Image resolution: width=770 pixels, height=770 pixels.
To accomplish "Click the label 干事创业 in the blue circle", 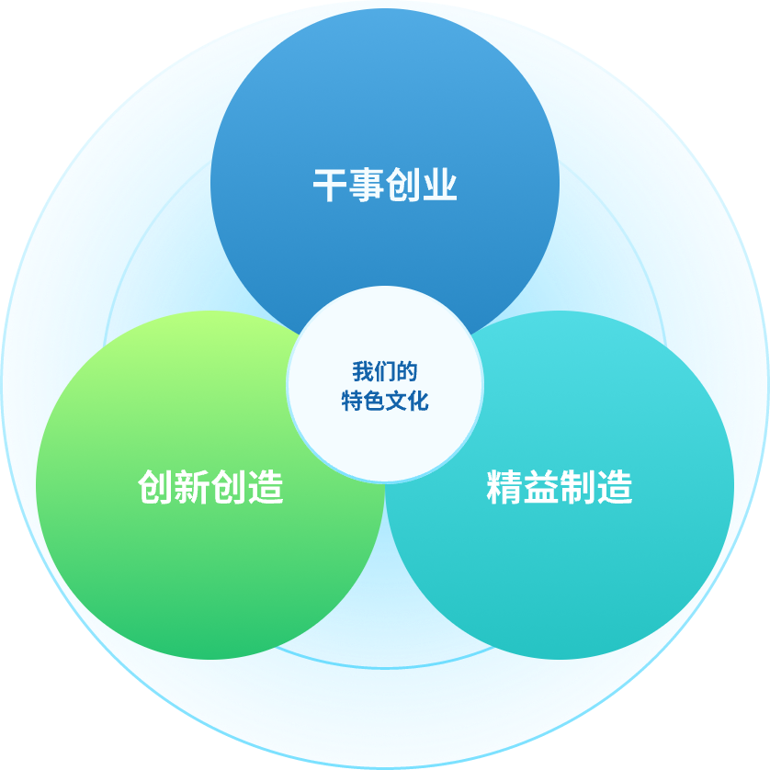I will click(x=385, y=186).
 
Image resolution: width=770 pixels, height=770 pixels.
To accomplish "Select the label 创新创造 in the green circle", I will click(x=210, y=487).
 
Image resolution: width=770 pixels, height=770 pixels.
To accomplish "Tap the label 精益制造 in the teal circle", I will click(x=559, y=487).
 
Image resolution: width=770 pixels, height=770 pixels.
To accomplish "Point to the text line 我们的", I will click(x=385, y=372).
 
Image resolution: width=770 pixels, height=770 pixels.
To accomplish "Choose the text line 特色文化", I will click(x=385, y=401).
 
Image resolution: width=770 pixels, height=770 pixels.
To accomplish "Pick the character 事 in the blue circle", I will click(x=367, y=186).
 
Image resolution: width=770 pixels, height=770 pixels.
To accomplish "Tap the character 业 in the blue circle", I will click(x=439, y=186).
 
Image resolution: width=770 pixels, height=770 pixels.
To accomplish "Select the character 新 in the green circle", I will click(x=192, y=487).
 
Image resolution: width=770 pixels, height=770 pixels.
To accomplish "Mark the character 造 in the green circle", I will click(x=266, y=487).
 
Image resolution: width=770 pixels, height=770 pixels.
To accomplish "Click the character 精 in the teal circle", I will click(x=504, y=487).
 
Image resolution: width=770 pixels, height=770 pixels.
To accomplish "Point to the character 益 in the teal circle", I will click(x=540, y=487).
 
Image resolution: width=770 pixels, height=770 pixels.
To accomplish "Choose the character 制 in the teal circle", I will click(x=577, y=487).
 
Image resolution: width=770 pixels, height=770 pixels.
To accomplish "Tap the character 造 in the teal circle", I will click(x=614, y=487).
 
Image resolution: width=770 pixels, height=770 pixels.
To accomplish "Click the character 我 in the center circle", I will click(x=363, y=372).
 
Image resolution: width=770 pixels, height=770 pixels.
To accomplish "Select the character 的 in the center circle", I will click(x=407, y=372).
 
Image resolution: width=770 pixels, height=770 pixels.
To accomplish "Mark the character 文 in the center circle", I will click(x=396, y=401).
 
